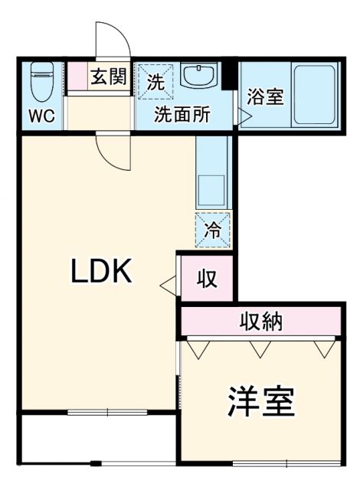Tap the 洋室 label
pyautogui.click(x=260, y=400)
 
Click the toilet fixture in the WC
pyautogui.click(x=39, y=83)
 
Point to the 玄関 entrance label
pyautogui.click(x=109, y=78)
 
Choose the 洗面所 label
pyautogui.click(x=182, y=116)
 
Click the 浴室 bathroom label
pyautogui.click(x=264, y=98)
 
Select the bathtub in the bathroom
pyautogui.click(x=315, y=95)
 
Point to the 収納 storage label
pyautogui.click(x=260, y=322)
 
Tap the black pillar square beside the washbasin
pyautogui.click(x=228, y=77)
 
